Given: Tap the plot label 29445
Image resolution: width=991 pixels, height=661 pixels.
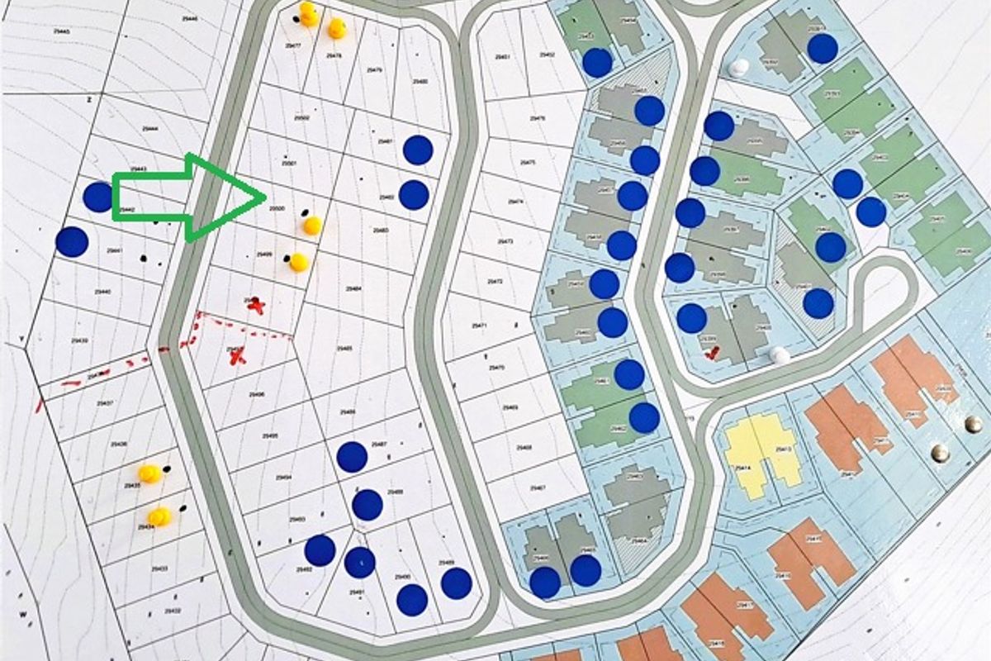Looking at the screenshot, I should point(61,31).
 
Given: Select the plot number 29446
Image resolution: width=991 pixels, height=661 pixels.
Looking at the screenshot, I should point(189,18).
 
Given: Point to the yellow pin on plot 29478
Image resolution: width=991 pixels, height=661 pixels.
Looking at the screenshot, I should point(337,29).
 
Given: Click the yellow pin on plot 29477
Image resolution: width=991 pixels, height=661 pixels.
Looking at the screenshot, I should point(308,13).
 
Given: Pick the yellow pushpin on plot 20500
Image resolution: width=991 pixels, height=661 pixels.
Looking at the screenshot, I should point(311,225).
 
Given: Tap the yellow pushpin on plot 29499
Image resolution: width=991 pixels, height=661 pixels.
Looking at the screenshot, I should point(298,263).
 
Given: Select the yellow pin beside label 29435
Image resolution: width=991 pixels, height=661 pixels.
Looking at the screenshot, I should point(149,473).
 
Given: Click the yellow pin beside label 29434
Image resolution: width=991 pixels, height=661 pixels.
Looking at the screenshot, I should point(159,517).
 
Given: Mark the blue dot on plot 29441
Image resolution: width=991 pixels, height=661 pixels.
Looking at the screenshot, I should point(72,242).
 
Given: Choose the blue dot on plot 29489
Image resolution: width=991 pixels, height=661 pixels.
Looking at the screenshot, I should point(456,583).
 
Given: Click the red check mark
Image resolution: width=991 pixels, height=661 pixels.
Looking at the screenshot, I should point(713,353).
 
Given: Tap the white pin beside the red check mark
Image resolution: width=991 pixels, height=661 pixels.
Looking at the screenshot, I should point(779,355).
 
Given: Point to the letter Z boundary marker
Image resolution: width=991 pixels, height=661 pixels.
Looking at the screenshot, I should point(88,98).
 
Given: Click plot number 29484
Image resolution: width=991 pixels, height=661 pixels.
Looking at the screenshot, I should point(353,288).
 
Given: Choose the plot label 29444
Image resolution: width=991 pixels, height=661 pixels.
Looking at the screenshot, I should point(149,129).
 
